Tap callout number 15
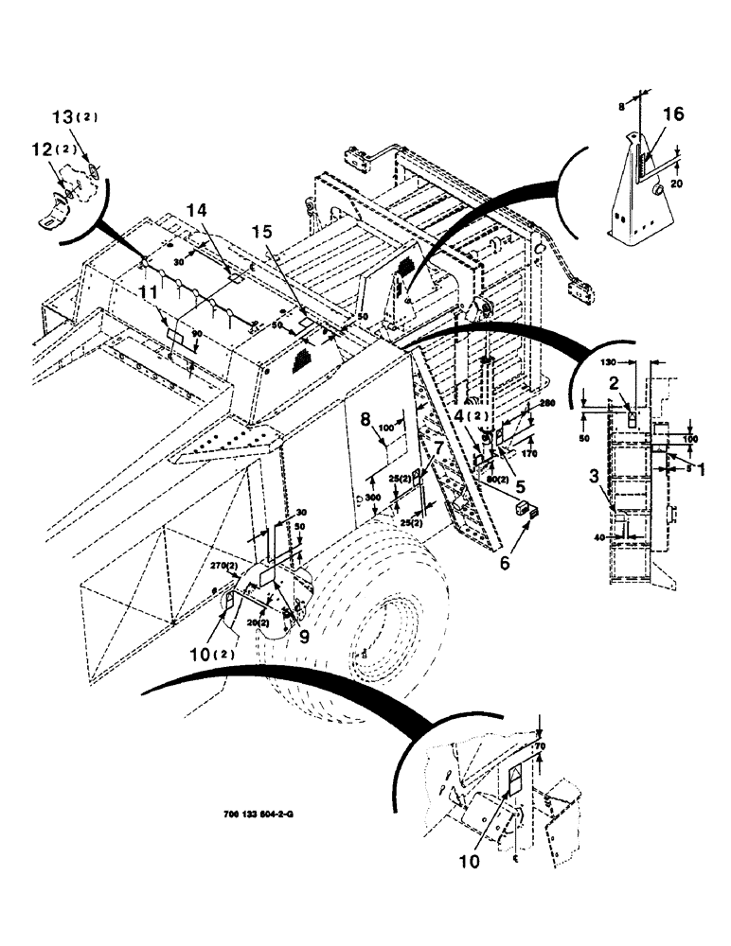pos(262,232)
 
